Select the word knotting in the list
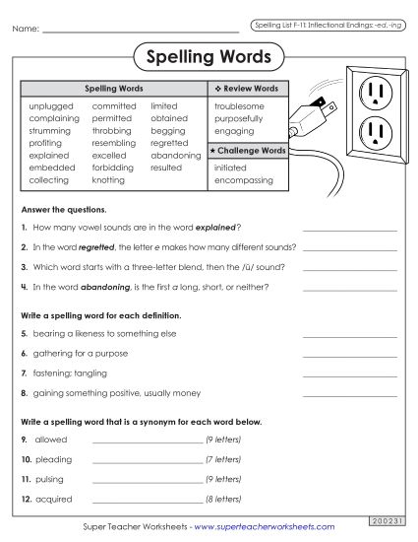pos(108,180)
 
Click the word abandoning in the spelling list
pos(175,156)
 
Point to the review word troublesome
pos(239,105)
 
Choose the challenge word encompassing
pos(243,180)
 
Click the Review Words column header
pos(246,89)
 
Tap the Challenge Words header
pos(248,151)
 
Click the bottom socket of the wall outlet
pos(377,130)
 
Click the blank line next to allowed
pos(146,441)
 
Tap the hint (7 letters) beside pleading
pos(222,459)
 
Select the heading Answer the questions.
pos(63,210)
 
